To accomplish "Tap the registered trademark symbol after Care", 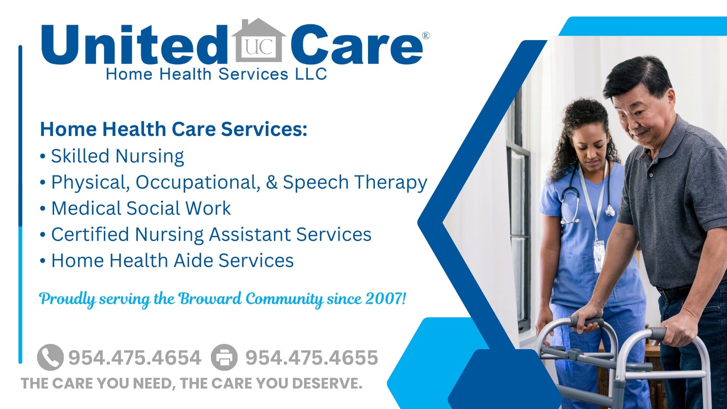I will click(x=426, y=36).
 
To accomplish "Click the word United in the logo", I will click(x=133, y=45).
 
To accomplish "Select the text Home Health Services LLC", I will click(x=216, y=74).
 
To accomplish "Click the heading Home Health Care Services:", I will click(x=173, y=129).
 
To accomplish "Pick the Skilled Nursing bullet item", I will click(x=117, y=156).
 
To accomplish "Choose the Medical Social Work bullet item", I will click(x=141, y=208).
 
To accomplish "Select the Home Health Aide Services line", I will click(x=172, y=261).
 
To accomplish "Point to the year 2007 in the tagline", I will click(x=383, y=299).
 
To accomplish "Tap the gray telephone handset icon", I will click(x=50, y=357).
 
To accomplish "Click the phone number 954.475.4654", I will click(x=135, y=358).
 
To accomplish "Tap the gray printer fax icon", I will click(x=224, y=357).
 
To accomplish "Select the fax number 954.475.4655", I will click(x=312, y=358).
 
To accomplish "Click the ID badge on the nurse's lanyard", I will click(x=598, y=254).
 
